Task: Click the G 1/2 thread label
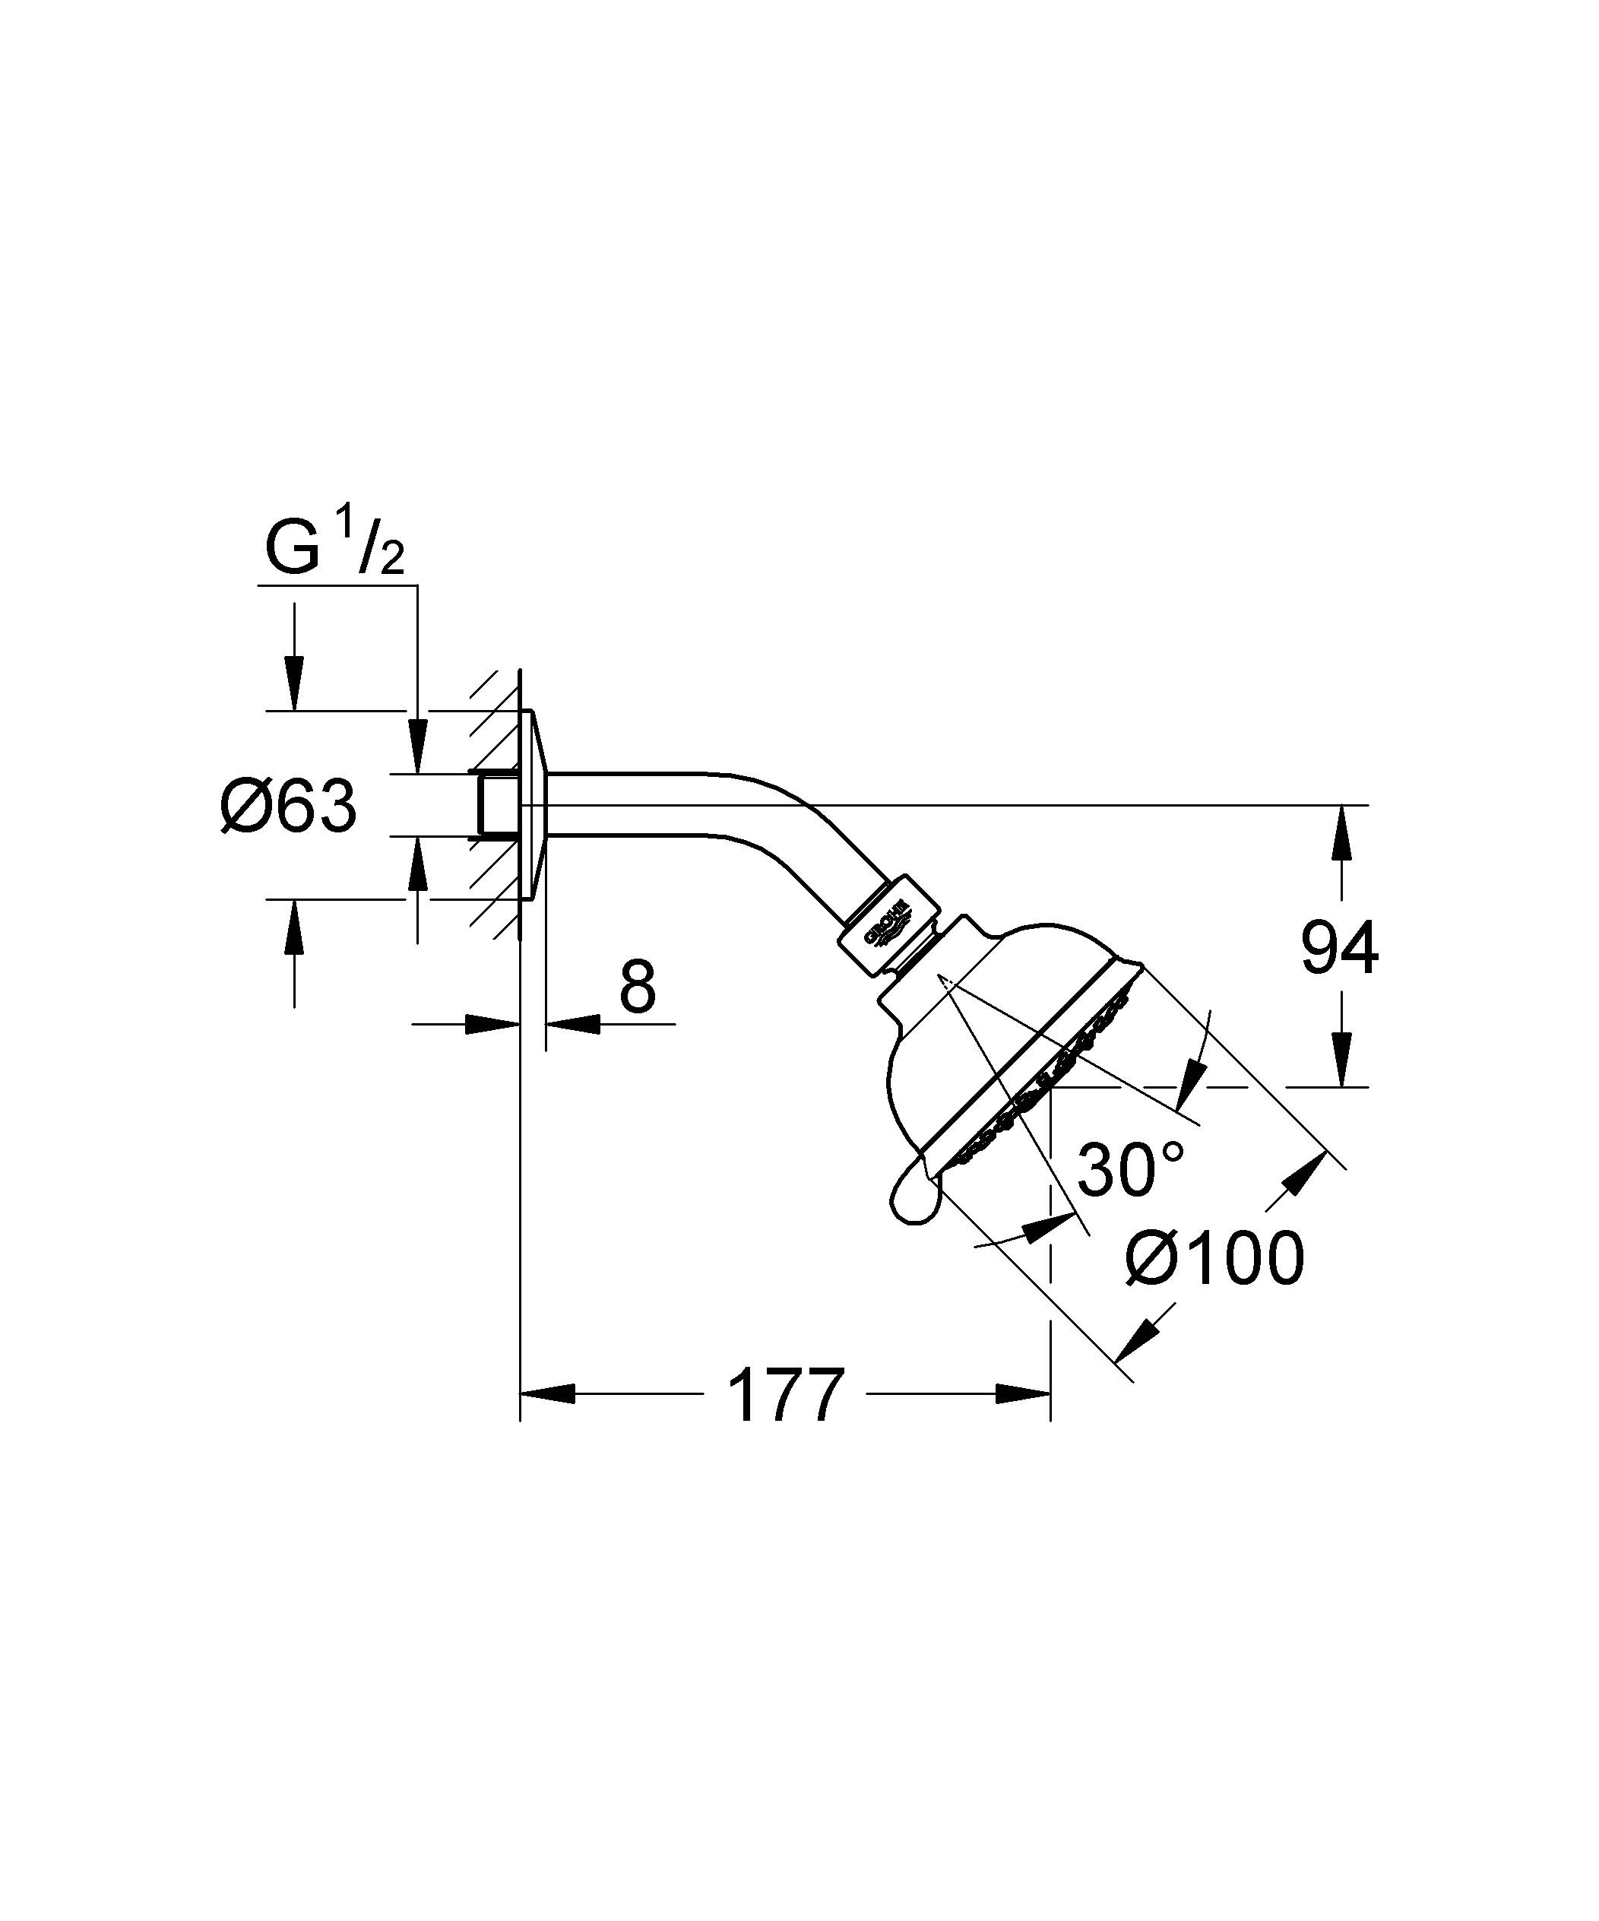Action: click(x=334, y=547)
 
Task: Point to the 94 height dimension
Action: click(x=1339, y=949)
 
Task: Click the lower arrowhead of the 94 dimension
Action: click(x=1342, y=1059)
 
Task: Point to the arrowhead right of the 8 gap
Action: click(x=572, y=1025)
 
